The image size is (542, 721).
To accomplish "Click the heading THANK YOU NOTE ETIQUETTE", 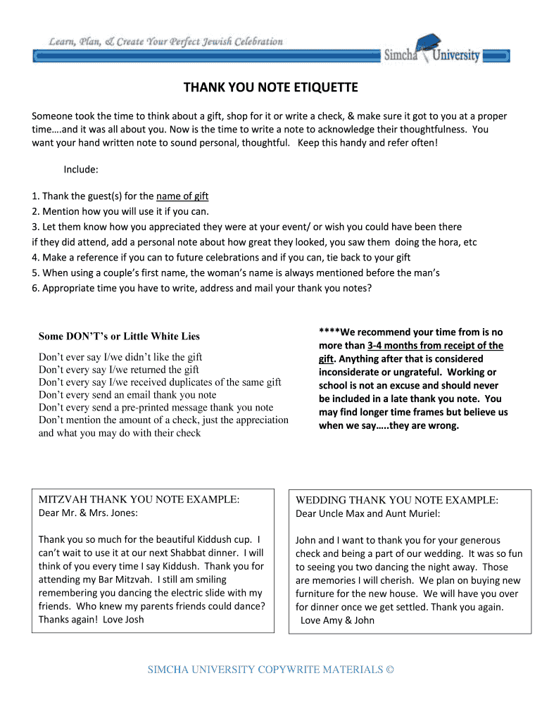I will coord(271,87).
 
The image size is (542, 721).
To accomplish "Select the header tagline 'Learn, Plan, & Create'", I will coord(166,42).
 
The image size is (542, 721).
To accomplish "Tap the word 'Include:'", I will coord(81,170).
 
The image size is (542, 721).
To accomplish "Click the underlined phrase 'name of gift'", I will coord(182,196).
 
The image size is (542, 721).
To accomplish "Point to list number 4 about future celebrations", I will coord(221,257).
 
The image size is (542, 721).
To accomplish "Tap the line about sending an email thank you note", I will coord(127,395).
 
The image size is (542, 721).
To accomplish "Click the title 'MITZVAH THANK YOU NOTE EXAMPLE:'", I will coord(139,499).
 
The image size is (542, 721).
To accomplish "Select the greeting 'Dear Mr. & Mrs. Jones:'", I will coord(88,513).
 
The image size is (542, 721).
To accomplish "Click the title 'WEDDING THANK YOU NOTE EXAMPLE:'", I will coord(396,500).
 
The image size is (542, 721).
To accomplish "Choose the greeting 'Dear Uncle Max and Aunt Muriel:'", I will coord(367,513).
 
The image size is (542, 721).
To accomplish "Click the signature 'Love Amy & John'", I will coord(337,620).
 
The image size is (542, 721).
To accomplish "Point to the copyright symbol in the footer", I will coord(390,670).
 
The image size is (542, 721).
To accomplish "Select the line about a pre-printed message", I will coord(156,408).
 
